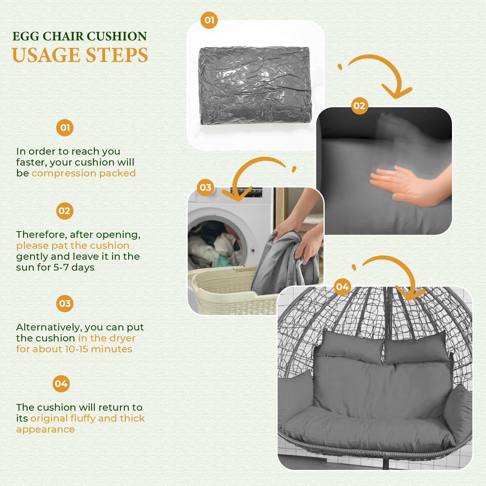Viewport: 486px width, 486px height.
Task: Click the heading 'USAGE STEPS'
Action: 80,55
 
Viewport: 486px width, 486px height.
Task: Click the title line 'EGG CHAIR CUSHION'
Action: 80,36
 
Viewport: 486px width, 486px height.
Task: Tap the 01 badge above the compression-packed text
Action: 65,128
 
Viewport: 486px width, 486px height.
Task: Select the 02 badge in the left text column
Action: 64,211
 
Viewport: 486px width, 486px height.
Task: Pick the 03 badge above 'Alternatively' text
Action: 65,303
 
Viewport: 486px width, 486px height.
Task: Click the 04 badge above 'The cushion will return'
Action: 61,384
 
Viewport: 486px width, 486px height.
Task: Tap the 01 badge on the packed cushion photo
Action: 209,20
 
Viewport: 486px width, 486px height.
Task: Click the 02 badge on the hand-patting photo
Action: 359,106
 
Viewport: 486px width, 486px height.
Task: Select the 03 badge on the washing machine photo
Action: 205,187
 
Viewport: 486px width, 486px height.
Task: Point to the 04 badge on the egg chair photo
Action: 342,287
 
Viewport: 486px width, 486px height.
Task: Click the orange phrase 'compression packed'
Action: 84,173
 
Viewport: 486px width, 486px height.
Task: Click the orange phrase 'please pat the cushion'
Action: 73,245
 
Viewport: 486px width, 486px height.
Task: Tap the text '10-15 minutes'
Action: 98,349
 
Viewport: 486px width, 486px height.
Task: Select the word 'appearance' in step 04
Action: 45,430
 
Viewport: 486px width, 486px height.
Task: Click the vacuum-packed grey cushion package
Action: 255,85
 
